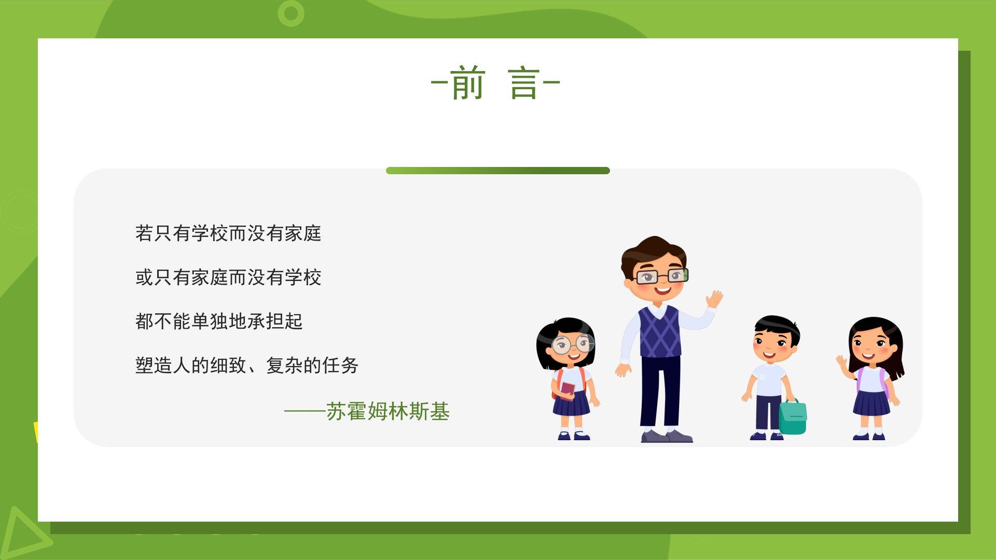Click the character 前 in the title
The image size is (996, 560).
[467, 83]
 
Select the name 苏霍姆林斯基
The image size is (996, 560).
[388, 412]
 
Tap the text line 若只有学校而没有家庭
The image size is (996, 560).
[228, 233]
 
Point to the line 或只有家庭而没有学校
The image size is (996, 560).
[228, 277]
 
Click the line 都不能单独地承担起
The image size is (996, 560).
[219, 321]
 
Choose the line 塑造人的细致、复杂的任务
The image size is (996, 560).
[247, 366]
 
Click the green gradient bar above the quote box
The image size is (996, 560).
[498, 171]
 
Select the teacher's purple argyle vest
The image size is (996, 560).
[659, 331]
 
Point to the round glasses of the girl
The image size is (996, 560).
[572, 344]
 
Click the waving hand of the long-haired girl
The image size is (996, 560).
[841, 361]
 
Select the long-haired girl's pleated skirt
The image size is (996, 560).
[872, 403]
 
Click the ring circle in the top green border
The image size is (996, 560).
[291, 13]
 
